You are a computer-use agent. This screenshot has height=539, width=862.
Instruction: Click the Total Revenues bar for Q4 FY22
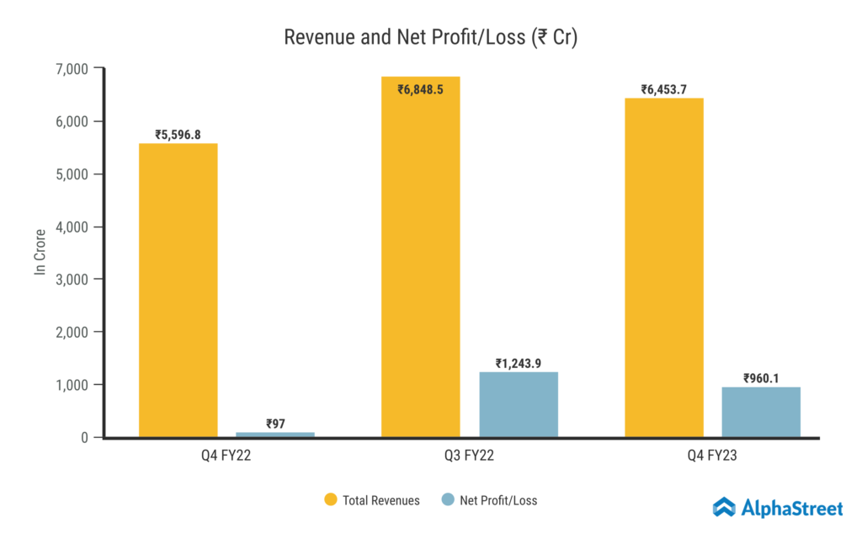[x=178, y=291]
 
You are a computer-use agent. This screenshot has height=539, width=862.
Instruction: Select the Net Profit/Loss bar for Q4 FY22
[x=275, y=435]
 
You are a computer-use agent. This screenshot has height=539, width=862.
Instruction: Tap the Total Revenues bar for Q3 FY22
[x=421, y=257]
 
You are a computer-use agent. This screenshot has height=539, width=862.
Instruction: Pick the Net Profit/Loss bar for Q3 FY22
[x=519, y=404]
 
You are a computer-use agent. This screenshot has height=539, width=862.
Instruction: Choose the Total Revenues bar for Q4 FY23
[x=663, y=268]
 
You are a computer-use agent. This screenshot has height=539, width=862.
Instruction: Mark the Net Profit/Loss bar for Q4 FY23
[x=761, y=412]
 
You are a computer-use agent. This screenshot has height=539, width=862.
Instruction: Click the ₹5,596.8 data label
[x=178, y=134]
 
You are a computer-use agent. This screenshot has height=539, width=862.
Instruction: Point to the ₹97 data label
[x=275, y=423]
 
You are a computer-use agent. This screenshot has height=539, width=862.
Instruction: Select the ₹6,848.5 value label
[x=421, y=88]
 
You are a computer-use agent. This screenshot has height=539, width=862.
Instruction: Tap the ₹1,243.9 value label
[x=519, y=363]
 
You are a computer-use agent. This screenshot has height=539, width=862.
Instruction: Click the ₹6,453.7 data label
[x=663, y=88]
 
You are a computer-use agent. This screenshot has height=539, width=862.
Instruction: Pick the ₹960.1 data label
[x=761, y=378]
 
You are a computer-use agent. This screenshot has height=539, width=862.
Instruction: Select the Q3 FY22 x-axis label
[x=470, y=457]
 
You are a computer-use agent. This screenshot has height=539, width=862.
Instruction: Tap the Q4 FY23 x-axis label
[x=712, y=457]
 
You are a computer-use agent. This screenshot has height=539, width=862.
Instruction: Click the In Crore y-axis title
[x=40, y=252]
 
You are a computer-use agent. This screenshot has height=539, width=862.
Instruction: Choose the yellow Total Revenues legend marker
[x=331, y=500]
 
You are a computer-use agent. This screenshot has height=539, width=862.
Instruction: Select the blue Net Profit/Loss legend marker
[x=448, y=500]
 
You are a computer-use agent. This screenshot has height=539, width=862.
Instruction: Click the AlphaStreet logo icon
[x=724, y=507]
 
